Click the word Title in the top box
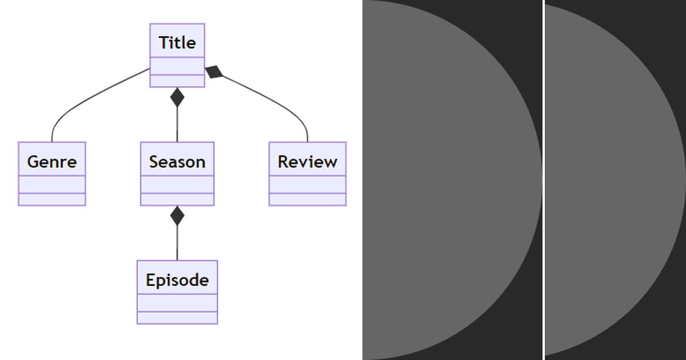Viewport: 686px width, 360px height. [x=177, y=42]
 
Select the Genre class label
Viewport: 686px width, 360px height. [x=51, y=162]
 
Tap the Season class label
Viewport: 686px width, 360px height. [x=177, y=162]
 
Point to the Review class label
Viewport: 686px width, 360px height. [x=308, y=162]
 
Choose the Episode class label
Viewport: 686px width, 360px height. [x=177, y=280]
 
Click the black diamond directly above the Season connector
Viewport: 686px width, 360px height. [x=177, y=98]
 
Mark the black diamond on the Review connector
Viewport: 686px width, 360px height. [x=214, y=72]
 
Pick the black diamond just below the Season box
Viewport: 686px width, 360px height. [x=177, y=216]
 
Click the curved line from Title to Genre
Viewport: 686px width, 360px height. [x=86, y=97]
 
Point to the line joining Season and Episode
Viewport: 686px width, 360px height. [x=177, y=243]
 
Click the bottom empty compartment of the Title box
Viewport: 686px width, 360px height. [x=177, y=81]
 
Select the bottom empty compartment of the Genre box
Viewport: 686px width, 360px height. [x=51, y=199]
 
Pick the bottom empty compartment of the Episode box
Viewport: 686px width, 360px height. [x=177, y=318]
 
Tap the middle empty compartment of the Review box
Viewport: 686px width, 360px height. [x=308, y=185]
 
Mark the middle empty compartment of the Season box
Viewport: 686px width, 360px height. [x=177, y=185]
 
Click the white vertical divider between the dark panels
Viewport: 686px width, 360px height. [x=543, y=180]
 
